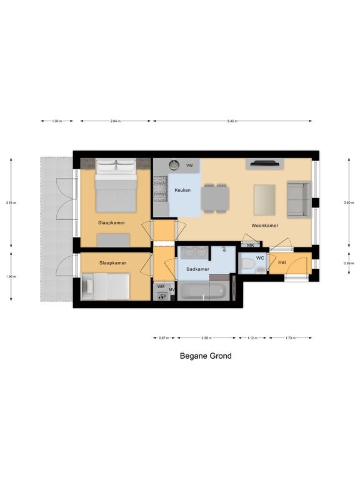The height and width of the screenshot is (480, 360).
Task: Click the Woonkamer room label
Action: (265, 226)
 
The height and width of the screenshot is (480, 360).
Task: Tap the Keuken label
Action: (182, 190)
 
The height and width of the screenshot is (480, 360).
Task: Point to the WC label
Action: (259, 257)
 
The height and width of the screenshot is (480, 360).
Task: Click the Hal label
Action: (282, 262)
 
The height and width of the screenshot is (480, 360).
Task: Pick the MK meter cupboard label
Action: (250, 245)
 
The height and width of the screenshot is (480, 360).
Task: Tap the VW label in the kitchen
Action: (189, 166)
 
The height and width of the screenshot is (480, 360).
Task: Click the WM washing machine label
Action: (161, 286)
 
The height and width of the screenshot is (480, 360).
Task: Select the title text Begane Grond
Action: (206, 356)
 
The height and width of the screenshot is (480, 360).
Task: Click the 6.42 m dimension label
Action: (232, 121)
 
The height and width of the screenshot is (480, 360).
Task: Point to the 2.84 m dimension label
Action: (115, 121)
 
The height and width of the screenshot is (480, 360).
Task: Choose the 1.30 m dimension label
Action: (57, 121)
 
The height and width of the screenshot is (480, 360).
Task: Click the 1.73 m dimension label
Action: (289, 338)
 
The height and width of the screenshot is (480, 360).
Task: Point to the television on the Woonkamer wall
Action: (266, 164)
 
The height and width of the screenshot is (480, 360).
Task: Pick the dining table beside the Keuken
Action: (215, 199)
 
